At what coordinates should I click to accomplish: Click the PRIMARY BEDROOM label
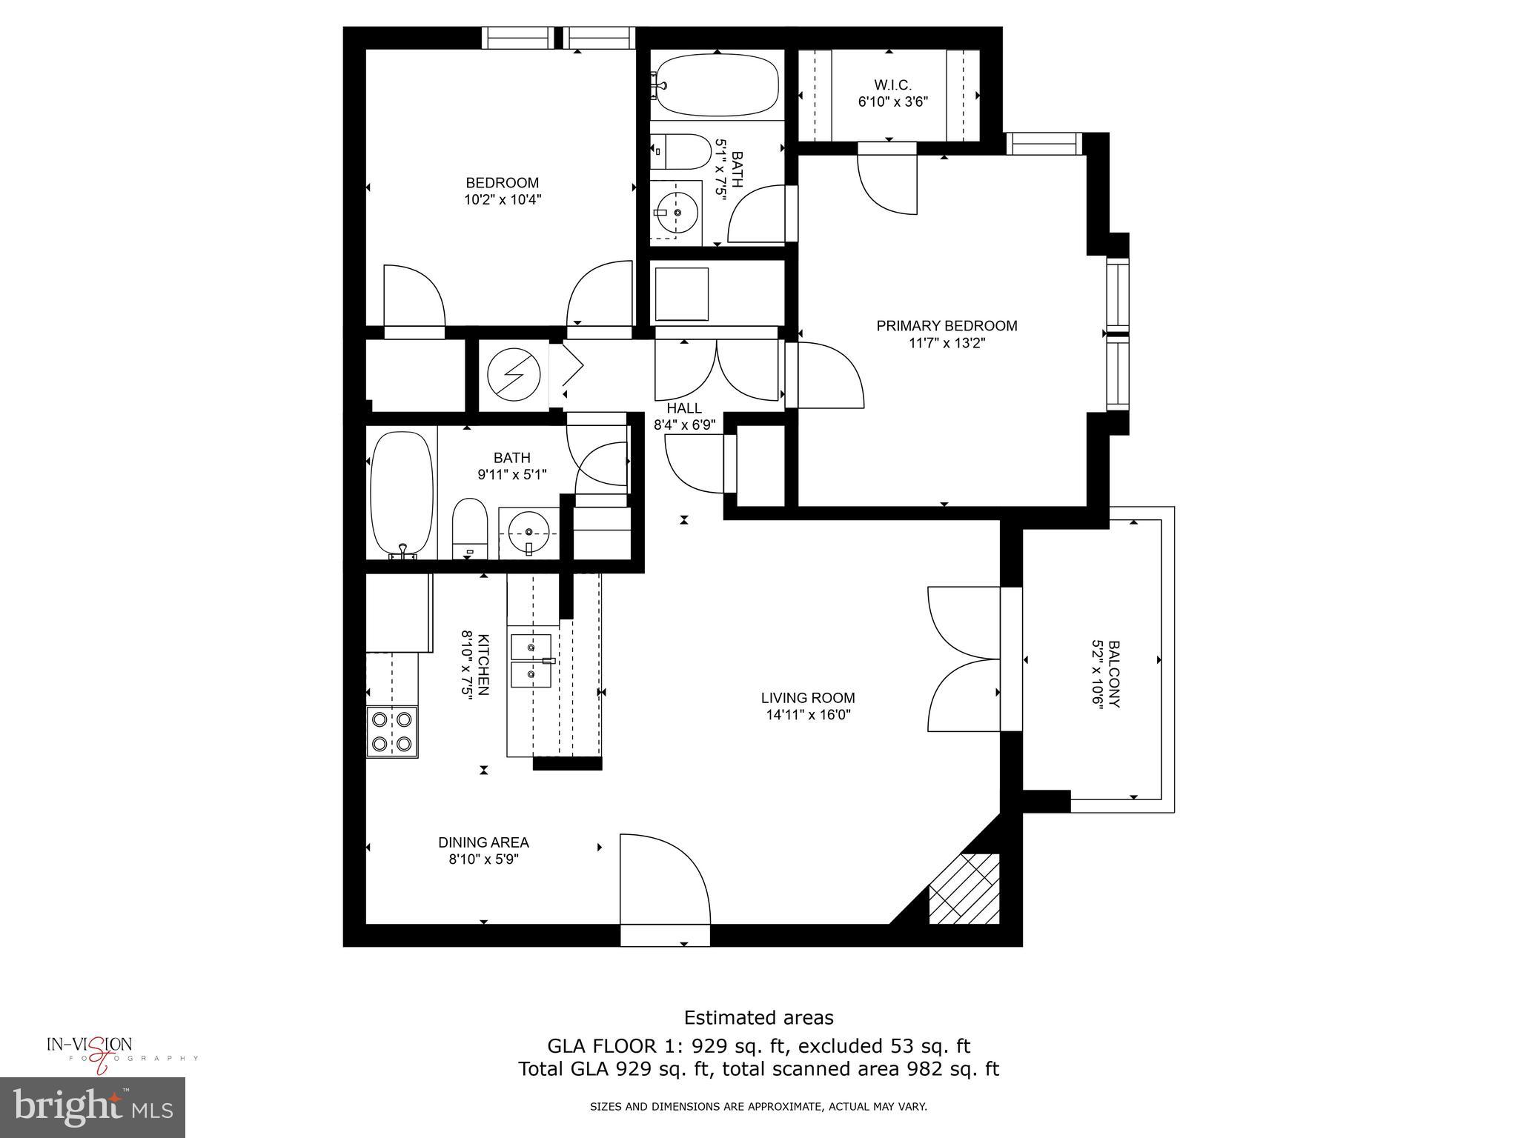[947, 325]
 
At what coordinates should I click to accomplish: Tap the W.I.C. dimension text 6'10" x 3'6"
[892, 102]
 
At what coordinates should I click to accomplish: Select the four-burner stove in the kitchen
[392, 731]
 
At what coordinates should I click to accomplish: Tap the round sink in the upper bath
[677, 211]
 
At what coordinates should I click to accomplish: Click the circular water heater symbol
[514, 374]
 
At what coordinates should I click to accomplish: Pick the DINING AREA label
[483, 842]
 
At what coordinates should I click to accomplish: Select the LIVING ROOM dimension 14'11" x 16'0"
[808, 715]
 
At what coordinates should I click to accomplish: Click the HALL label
[683, 408]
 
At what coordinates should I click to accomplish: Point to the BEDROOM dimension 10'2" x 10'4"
[502, 199]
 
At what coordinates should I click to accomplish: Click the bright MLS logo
[93, 1108]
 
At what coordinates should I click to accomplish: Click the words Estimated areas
[758, 1017]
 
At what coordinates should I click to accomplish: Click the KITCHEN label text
[483, 665]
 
